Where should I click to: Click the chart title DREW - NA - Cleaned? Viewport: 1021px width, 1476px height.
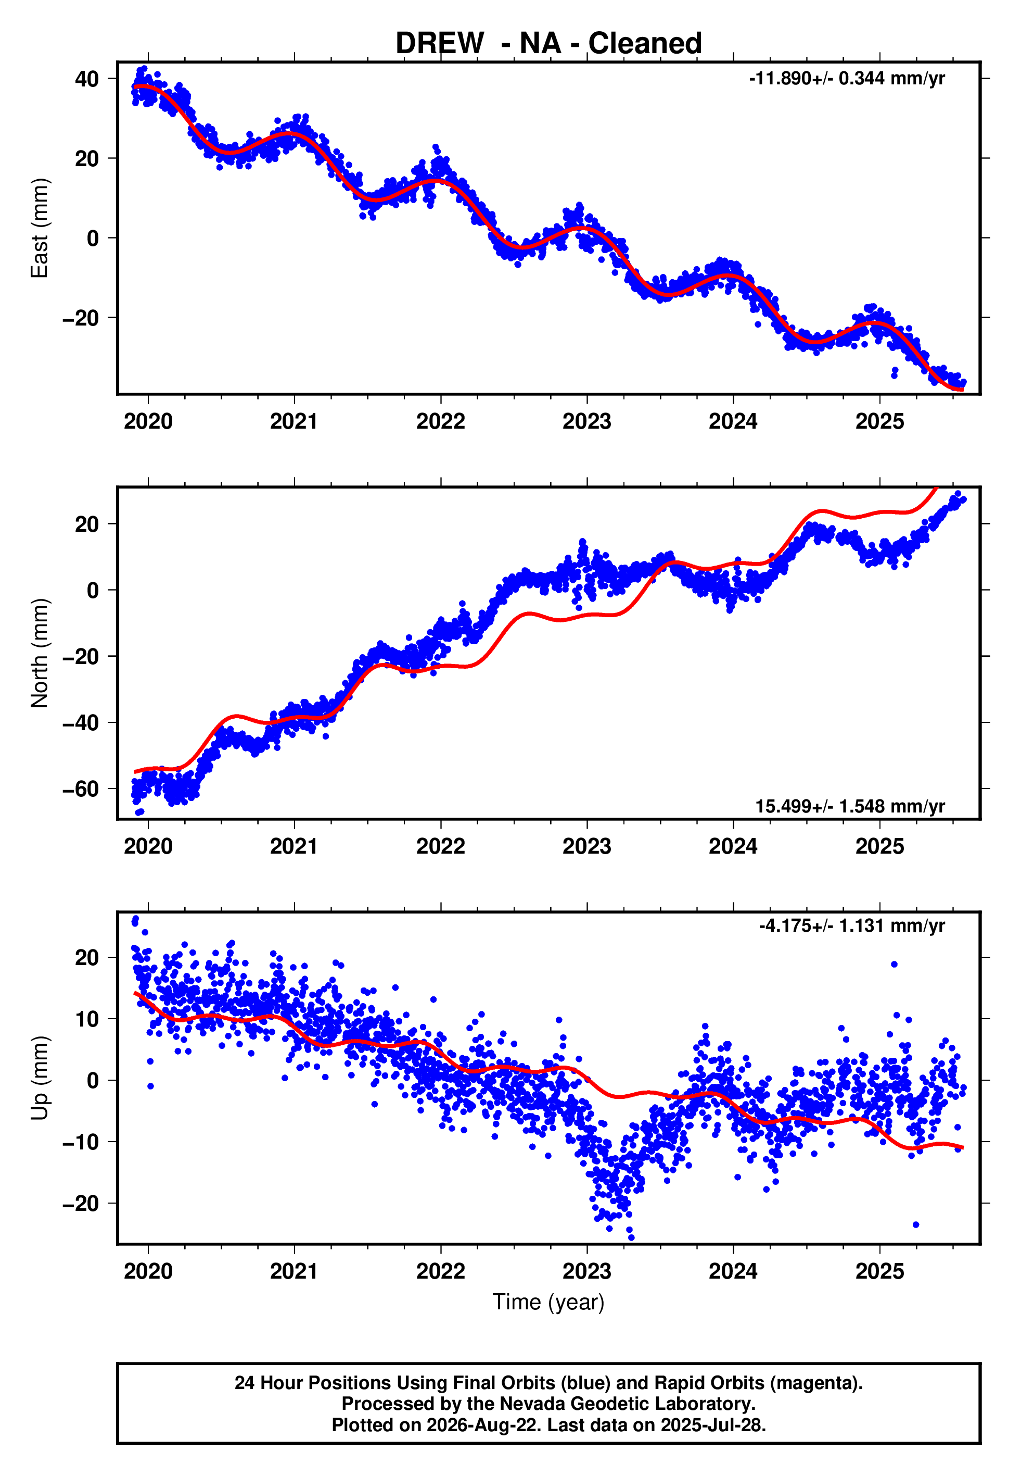click(x=548, y=44)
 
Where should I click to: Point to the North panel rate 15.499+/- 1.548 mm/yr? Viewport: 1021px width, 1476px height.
click(x=850, y=806)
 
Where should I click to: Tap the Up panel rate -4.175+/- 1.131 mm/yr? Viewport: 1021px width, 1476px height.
click(x=851, y=925)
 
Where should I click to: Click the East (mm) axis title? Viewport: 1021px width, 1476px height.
click(x=40, y=228)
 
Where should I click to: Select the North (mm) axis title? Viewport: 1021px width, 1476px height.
click(x=40, y=653)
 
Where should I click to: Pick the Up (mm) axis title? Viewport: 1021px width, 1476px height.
click(x=40, y=1078)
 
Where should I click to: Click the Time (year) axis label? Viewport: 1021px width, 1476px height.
click(x=548, y=1303)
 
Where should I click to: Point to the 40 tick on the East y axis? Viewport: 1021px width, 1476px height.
click(x=87, y=79)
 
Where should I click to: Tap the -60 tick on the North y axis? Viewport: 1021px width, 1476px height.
click(x=81, y=789)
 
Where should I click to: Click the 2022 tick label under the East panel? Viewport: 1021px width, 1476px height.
click(x=441, y=422)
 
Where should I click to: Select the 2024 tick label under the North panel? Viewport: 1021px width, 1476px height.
click(x=733, y=847)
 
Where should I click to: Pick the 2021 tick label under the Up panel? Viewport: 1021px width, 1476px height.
click(x=294, y=1272)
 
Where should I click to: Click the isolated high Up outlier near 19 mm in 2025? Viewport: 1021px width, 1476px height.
click(x=895, y=964)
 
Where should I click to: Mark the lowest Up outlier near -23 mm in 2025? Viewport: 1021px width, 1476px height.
click(x=916, y=1224)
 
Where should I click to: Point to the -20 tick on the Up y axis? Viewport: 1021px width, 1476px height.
click(x=81, y=1203)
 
